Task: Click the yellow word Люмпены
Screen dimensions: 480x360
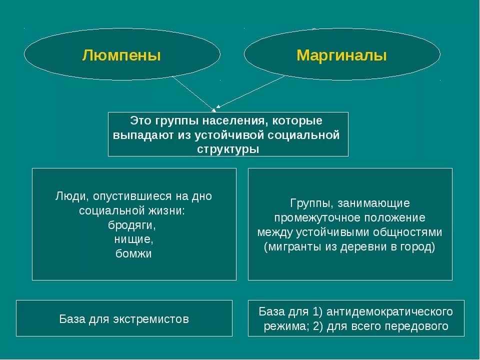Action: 121,55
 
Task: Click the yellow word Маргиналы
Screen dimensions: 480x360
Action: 341,55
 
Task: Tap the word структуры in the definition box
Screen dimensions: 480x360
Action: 228,149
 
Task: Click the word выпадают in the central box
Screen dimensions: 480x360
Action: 137,135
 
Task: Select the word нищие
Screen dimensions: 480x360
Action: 133,239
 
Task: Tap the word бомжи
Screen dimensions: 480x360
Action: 133,254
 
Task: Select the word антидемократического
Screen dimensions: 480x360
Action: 389,311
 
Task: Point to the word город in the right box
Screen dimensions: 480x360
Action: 418,247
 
